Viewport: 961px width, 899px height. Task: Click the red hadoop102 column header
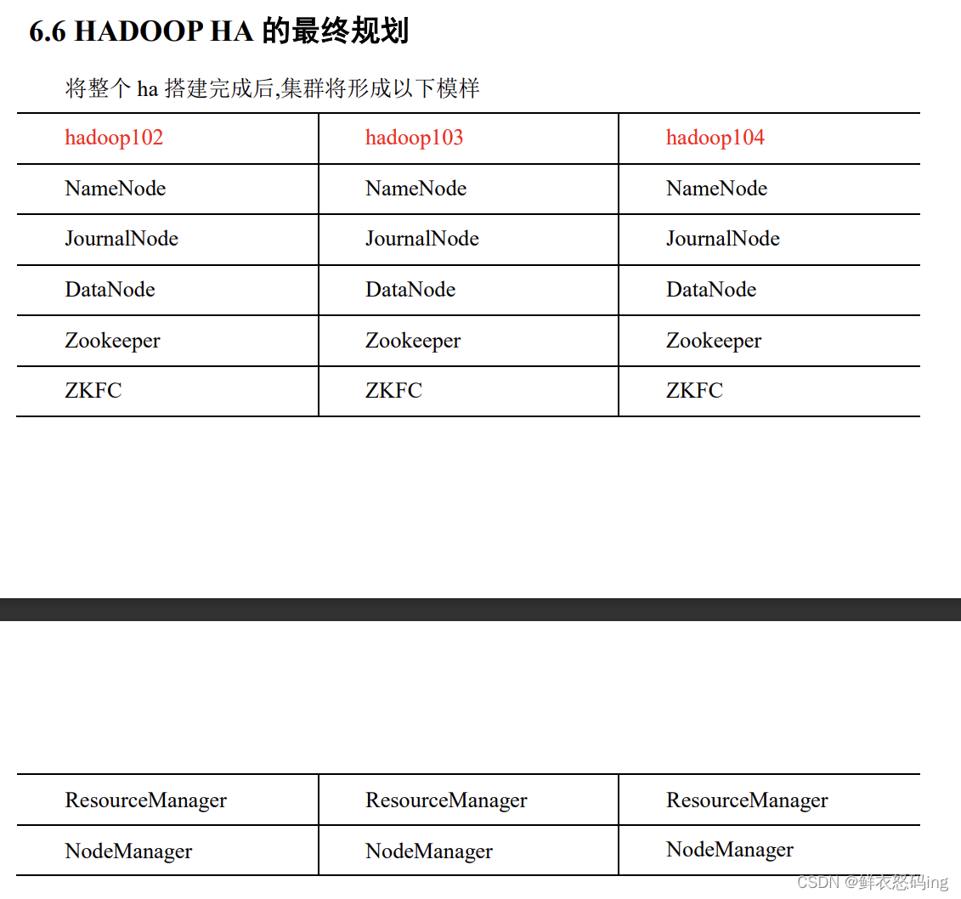tap(114, 138)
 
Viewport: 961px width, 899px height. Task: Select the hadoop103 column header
tap(414, 138)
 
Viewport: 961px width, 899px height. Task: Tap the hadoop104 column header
tap(715, 138)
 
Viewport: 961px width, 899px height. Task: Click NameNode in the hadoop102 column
tap(116, 189)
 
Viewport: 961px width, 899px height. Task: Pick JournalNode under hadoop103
tap(421, 239)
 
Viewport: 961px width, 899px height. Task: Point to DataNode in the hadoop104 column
tap(710, 290)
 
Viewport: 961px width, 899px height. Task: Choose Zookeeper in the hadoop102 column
tap(112, 341)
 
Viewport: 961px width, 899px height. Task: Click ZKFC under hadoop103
tap(393, 391)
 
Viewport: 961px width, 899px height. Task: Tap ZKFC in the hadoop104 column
tap(694, 391)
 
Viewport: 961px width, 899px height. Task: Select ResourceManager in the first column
tap(145, 800)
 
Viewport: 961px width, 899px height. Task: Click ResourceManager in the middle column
tap(446, 800)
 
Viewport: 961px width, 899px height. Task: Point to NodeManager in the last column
tap(729, 850)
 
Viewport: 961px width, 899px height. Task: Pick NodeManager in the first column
tap(128, 851)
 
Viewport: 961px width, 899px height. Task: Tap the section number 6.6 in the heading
tap(48, 32)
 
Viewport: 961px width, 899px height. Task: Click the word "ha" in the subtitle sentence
tap(148, 88)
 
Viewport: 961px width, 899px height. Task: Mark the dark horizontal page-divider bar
tap(480, 609)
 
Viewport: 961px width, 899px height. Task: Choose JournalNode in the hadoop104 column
tap(722, 239)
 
